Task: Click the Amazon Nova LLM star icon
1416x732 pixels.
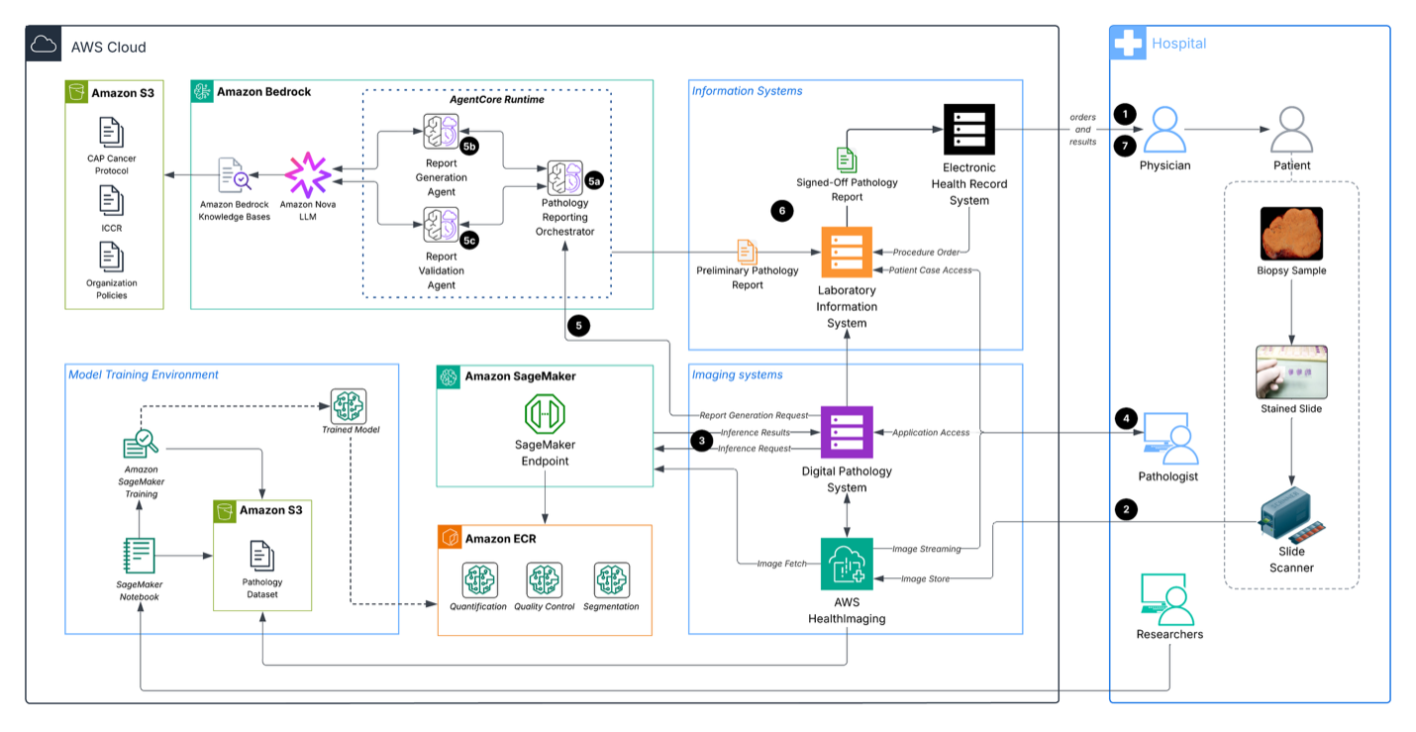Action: tap(308, 175)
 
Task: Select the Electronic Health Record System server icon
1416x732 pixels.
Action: tap(968, 129)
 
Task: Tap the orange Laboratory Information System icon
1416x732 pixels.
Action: tap(847, 254)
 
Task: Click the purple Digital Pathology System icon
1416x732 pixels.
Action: tap(847, 432)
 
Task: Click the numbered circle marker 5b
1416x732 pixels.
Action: tap(470, 147)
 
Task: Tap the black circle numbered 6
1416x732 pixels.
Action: tap(782, 211)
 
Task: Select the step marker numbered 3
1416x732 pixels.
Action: tap(701, 441)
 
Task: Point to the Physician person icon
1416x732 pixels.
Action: tap(1164, 129)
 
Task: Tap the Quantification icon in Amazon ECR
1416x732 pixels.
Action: tap(478, 579)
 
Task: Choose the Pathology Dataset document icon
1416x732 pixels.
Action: tap(262, 556)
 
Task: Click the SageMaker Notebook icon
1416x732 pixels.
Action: tap(139, 555)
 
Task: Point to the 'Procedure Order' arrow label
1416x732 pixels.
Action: tap(926, 252)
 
